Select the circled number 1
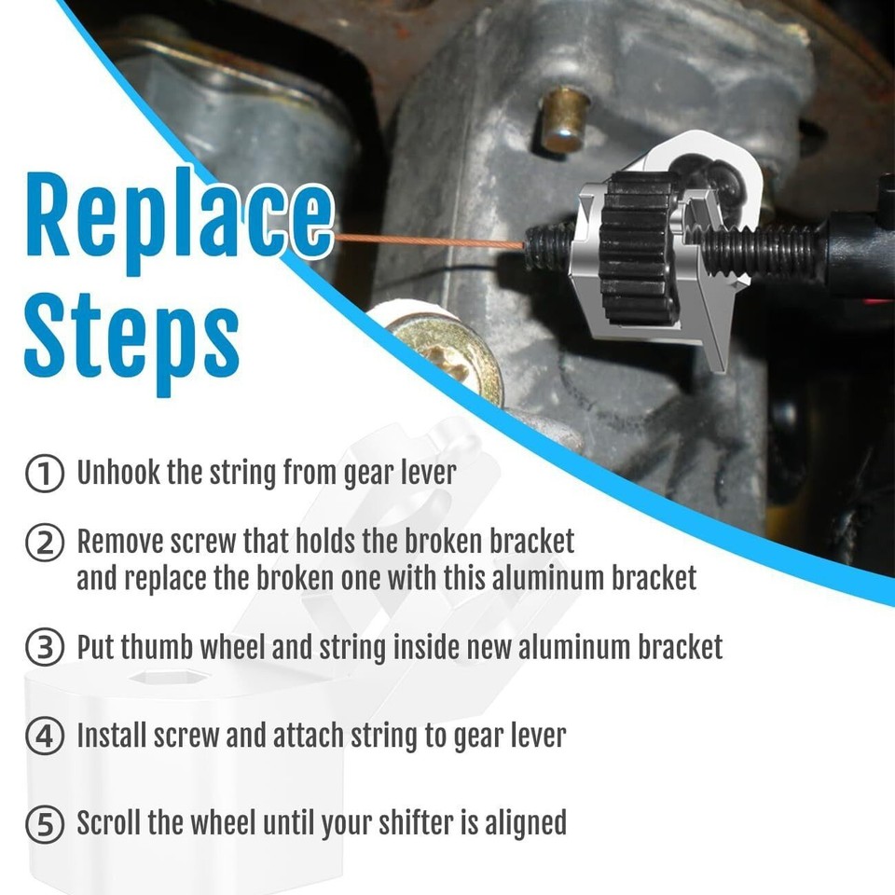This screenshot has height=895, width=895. (x=44, y=473)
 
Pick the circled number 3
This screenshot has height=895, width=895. (x=44, y=647)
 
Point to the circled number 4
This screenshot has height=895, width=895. (x=44, y=737)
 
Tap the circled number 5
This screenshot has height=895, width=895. (x=44, y=824)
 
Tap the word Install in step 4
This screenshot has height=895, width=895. (x=111, y=736)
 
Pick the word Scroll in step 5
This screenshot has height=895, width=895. (x=107, y=823)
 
